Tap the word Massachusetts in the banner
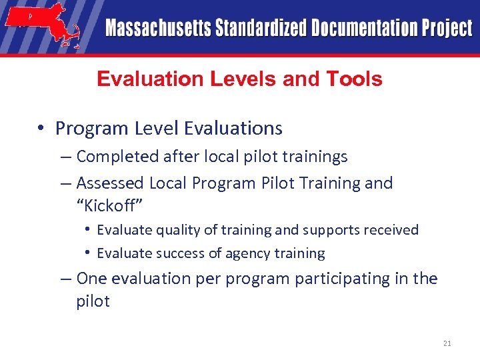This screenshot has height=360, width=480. tap(158, 29)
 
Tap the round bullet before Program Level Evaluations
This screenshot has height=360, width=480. tap(42, 129)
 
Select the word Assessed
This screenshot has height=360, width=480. tap(110, 183)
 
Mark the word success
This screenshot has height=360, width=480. tap(173, 253)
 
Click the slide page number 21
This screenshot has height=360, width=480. tap(447, 343)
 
